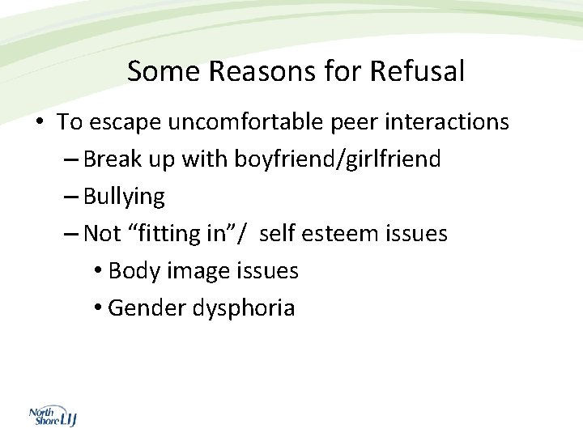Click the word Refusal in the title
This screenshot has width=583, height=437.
click(417, 72)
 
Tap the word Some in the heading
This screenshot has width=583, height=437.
click(164, 72)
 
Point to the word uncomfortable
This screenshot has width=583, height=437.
click(240, 122)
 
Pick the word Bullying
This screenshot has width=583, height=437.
click(124, 197)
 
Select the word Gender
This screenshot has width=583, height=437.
click(147, 308)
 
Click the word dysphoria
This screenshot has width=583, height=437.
click(244, 308)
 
